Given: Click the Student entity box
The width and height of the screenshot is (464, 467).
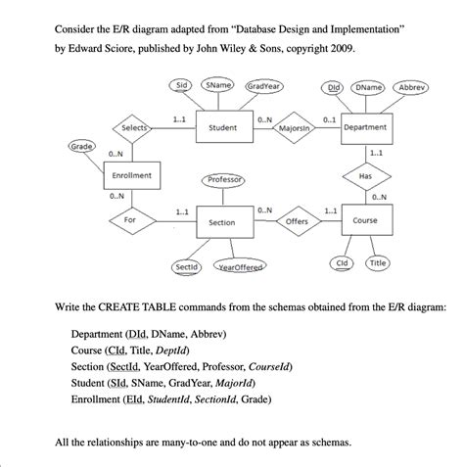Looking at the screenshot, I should click(223, 127).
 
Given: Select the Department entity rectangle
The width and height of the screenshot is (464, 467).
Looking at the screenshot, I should click(365, 127).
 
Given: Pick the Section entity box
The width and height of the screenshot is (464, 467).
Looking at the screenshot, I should click(222, 222).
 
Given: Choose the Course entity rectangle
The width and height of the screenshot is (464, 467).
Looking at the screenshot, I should click(365, 221).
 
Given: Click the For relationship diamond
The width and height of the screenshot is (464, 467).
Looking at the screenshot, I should click(130, 221).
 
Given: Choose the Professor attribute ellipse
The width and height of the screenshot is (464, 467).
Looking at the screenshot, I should click(226, 181).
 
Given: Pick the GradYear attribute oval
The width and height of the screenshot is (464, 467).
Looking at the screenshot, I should click(262, 86).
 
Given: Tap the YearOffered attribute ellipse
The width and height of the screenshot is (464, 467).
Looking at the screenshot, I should click(243, 267).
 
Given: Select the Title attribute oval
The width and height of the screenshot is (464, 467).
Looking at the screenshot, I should click(378, 263).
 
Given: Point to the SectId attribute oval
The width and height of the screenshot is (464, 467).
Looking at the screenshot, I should click(186, 266).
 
